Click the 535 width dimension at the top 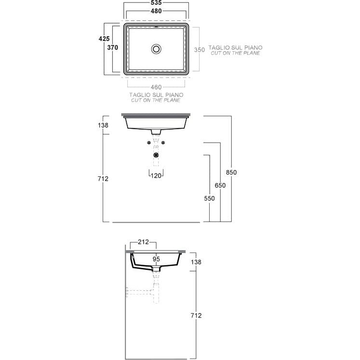156,2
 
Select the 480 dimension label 156,11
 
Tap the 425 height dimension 104,39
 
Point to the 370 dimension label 112,47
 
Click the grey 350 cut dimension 200,50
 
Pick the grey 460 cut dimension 156,87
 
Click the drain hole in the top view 156,49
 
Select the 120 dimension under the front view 156,175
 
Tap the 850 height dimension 231,172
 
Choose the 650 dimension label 220,185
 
